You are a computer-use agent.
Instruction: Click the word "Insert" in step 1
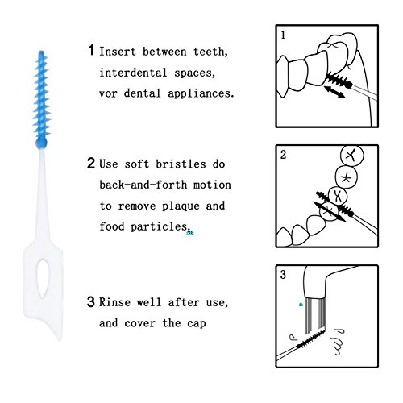118,52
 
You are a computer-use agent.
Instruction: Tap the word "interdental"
133,73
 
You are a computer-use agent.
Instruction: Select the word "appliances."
201,93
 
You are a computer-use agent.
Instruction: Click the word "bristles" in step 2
181,164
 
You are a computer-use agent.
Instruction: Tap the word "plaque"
181,206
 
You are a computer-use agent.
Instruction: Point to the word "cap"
197,324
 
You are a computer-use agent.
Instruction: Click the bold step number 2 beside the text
91,163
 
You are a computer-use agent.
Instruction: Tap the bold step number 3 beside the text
91,302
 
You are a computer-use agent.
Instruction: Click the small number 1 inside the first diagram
283,35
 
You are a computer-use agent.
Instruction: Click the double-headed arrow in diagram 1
334,92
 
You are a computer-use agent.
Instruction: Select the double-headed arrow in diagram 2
330,211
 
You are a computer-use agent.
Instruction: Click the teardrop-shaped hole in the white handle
43,279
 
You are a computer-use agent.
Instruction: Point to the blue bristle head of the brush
41,99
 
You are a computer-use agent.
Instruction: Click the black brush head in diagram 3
311,339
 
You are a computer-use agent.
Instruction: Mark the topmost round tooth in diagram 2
352,156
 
